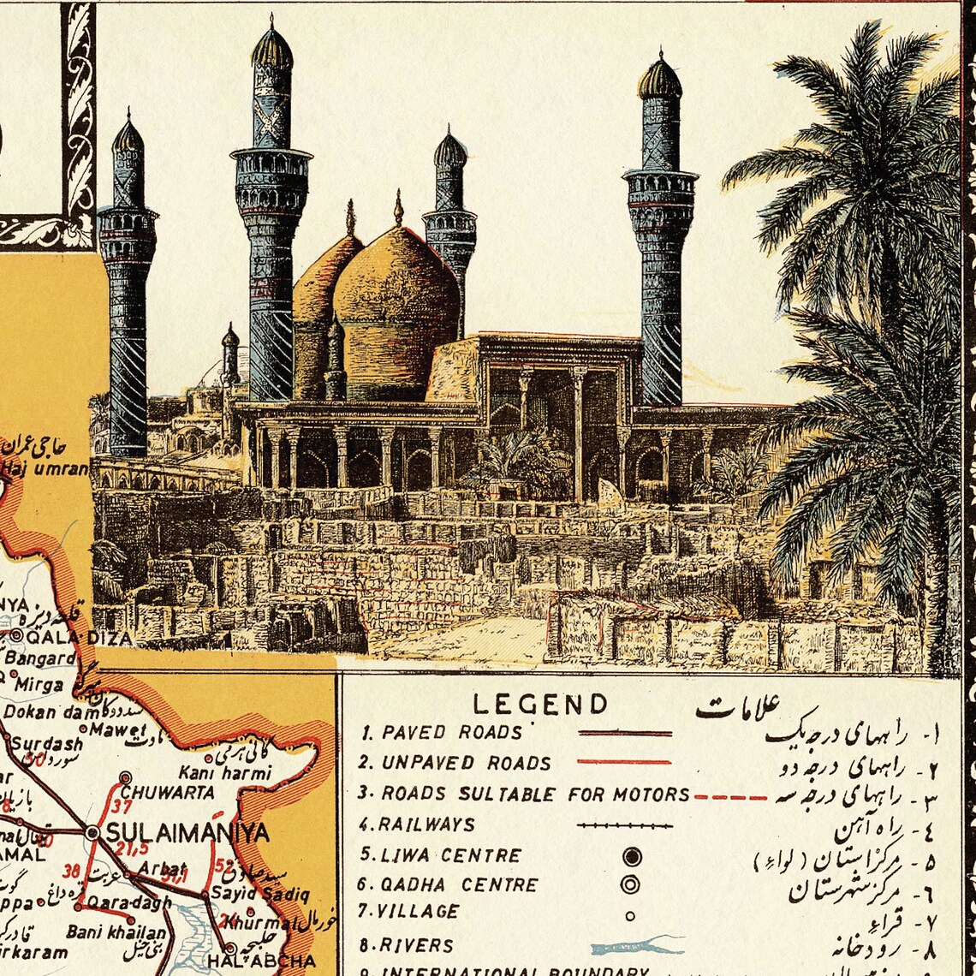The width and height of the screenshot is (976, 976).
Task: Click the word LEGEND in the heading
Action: (x=540, y=705)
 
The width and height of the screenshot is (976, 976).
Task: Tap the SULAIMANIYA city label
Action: (x=185, y=832)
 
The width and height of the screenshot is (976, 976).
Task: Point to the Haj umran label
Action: (x=45, y=468)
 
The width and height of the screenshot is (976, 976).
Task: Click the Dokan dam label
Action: (x=43, y=711)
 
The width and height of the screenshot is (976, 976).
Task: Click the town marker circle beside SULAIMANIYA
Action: (x=92, y=832)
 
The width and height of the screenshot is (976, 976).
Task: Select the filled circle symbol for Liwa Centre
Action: (x=632, y=856)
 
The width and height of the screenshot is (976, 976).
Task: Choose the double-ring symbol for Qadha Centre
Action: (x=631, y=884)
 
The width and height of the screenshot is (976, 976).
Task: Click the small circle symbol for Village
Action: (x=630, y=915)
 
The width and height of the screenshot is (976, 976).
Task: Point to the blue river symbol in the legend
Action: (x=638, y=946)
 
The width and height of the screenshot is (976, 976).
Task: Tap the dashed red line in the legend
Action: (x=730, y=797)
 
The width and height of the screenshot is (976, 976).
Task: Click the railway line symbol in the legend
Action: (x=624, y=826)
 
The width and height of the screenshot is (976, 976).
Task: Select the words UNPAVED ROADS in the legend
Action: (x=455, y=763)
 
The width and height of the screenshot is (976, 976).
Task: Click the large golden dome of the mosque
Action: (x=396, y=300)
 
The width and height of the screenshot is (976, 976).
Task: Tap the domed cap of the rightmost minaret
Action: (x=659, y=79)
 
